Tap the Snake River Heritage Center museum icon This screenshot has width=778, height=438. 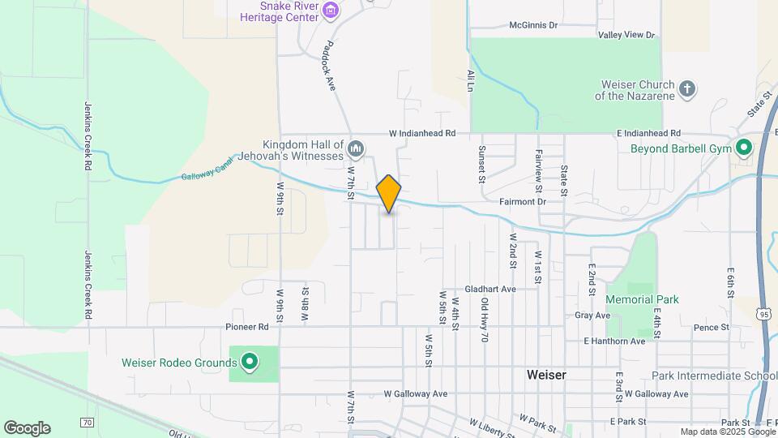coord(330,11)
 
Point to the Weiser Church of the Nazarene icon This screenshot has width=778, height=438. coord(687,89)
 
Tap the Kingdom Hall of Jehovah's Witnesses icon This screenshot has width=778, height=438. coord(357,148)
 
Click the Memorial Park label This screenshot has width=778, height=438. coord(642,299)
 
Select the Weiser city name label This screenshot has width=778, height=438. coord(546,375)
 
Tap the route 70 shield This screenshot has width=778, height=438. coord(87,422)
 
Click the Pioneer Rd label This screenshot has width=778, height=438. coord(247,327)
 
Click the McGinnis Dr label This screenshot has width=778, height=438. coord(534,25)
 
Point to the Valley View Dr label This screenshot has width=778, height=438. coord(626,35)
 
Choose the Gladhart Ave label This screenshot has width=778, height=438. coord(490,289)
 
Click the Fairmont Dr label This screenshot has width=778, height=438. coord(523,201)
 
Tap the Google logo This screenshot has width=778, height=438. coord(27,428)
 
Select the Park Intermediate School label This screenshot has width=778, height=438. coord(713,376)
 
